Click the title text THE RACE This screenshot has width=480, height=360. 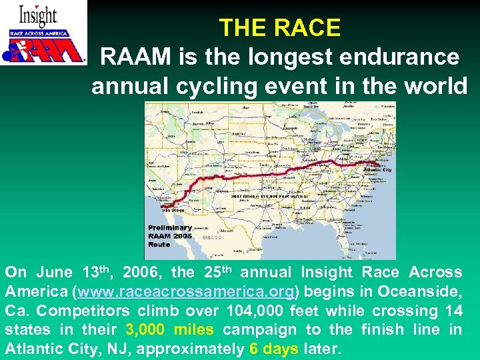tap(279, 27)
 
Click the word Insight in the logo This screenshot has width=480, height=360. tap(38, 16)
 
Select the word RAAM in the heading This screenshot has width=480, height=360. tap(131, 57)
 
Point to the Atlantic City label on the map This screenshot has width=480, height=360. tap(378, 170)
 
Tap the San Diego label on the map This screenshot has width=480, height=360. tap(169, 210)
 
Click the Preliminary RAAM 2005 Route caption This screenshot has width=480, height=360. tap(170, 236)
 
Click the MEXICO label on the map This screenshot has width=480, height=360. tap(211, 237)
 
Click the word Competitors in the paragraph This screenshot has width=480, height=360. tap(73, 311)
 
